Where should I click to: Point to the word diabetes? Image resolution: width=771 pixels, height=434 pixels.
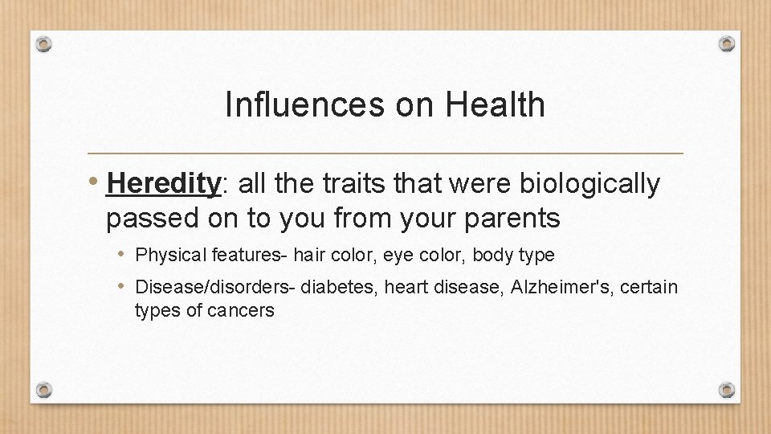coord(333,287)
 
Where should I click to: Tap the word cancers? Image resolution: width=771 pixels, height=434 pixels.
coord(240,310)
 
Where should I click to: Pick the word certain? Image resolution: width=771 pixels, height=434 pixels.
coord(648,287)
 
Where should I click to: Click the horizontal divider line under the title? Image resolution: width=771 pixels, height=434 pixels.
coord(385,153)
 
